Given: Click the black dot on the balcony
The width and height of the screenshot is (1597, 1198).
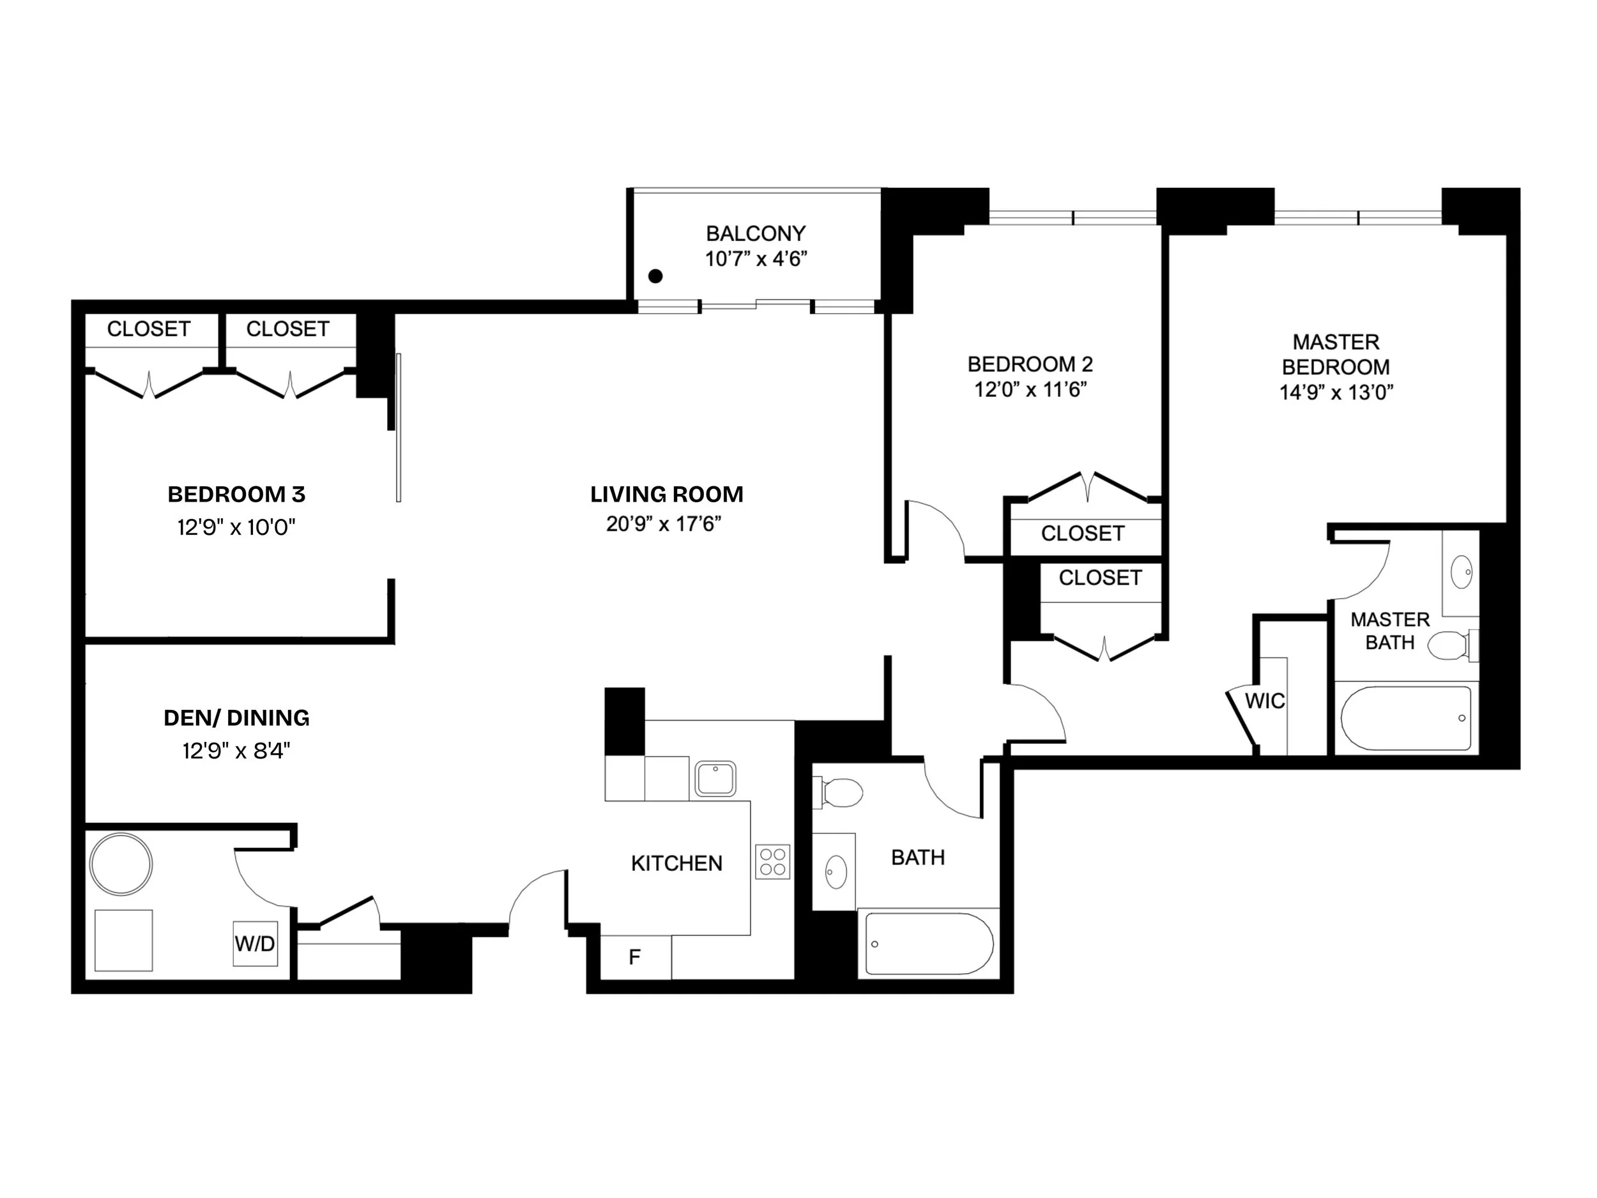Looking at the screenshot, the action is pyautogui.click(x=655, y=276).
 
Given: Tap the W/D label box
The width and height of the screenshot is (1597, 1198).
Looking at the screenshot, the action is pyautogui.click(x=255, y=943).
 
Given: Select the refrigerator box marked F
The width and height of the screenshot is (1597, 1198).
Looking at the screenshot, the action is pyautogui.click(x=636, y=957).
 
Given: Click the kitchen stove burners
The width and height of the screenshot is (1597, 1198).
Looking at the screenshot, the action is pyautogui.click(x=772, y=861).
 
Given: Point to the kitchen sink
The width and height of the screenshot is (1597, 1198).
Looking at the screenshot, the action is pyautogui.click(x=715, y=778).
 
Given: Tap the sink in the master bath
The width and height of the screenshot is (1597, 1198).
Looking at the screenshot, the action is pyautogui.click(x=1462, y=572).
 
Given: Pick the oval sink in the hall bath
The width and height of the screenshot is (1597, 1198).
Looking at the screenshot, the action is pyautogui.click(x=836, y=872).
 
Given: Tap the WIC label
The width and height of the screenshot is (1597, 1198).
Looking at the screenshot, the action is pyautogui.click(x=1265, y=700).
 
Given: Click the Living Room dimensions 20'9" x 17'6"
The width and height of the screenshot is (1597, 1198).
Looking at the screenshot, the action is pyautogui.click(x=664, y=523).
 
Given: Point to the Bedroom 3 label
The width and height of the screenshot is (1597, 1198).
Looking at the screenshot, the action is pyautogui.click(x=237, y=495).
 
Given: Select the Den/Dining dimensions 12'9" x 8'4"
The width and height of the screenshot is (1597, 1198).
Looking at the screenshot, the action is pyautogui.click(x=236, y=751).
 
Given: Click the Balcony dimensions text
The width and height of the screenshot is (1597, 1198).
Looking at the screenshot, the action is pyautogui.click(x=756, y=259).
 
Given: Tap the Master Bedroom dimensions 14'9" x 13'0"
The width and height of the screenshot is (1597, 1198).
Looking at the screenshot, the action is pyautogui.click(x=1336, y=392).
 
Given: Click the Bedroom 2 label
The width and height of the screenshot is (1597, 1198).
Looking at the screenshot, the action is pyautogui.click(x=1030, y=364).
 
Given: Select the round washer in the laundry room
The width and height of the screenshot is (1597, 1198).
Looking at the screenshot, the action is pyautogui.click(x=121, y=864).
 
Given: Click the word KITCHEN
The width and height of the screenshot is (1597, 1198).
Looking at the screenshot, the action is pyautogui.click(x=676, y=863).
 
